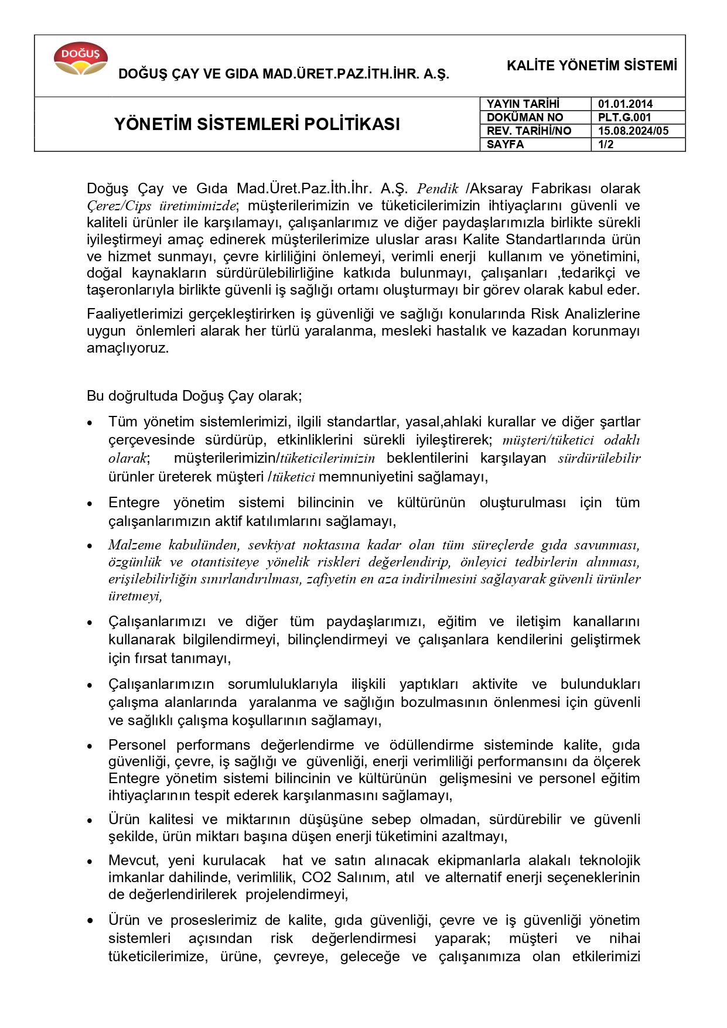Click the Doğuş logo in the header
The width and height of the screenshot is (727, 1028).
pos(81,58)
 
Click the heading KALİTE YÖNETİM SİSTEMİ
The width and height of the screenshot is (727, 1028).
pos(592,66)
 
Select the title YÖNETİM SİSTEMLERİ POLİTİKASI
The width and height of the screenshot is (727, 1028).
pos(257,124)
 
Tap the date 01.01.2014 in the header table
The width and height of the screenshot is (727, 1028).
pos(625,104)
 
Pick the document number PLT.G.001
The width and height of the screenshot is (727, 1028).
pos(624,117)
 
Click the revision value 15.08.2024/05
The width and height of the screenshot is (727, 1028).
pos(633,131)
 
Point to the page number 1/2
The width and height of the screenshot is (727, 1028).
pos(606,144)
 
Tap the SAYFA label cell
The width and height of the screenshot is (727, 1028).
pos(505,144)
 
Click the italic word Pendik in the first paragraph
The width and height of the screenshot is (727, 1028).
pos(437,189)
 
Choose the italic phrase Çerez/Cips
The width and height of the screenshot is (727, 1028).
pos(119,206)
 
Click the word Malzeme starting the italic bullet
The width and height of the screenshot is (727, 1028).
pos(134,545)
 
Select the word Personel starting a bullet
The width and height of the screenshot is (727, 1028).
pos(138,745)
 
